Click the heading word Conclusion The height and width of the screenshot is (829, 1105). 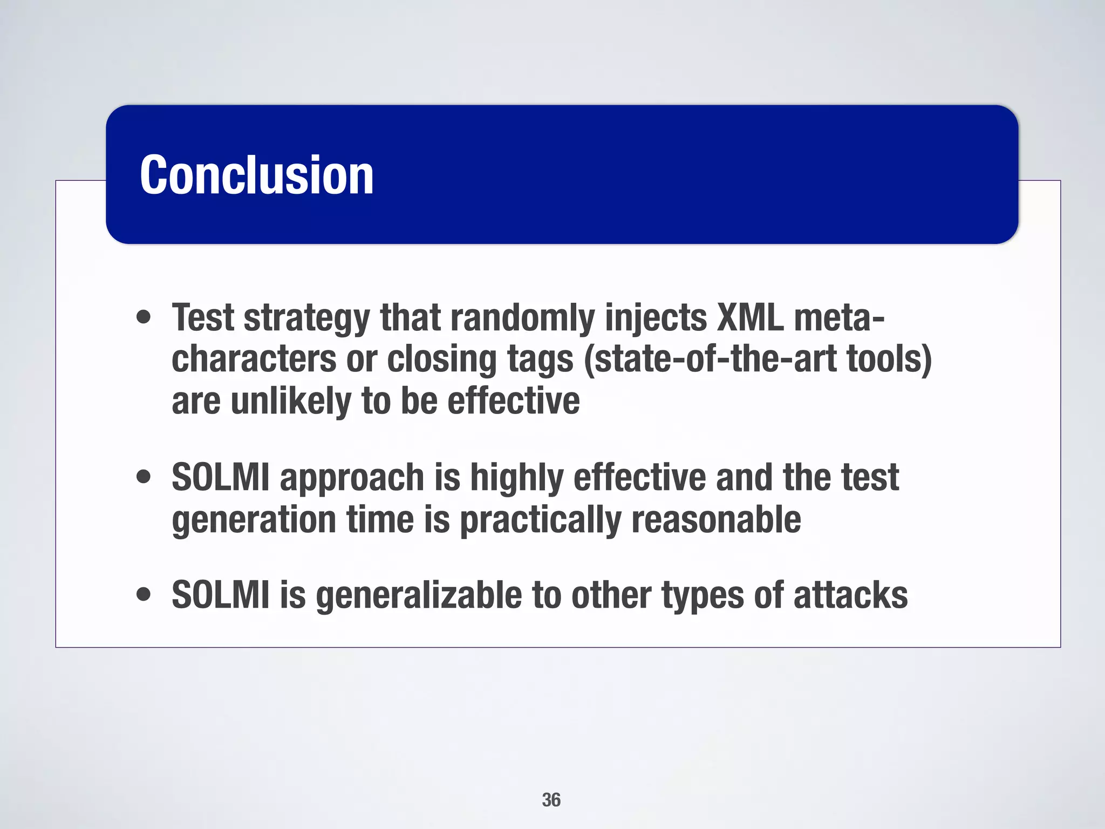pyautogui.click(x=256, y=175)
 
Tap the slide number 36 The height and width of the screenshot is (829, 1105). pyautogui.click(x=551, y=800)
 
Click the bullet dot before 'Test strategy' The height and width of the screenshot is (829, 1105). pyautogui.click(x=144, y=317)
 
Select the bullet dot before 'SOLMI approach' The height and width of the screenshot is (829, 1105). pyautogui.click(x=144, y=477)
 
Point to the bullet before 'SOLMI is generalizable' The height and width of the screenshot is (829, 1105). pyautogui.click(x=144, y=595)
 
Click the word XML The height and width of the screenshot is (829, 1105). pyautogui.click(x=749, y=317)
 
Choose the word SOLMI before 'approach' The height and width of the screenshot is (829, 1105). pyautogui.click(x=220, y=477)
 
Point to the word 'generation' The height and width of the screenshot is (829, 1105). pyautogui.click(x=254, y=519)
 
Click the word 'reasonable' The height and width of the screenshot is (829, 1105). pyautogui.click(x=716, y=519)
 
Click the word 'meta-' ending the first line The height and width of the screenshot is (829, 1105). pyautogui.click(x=838, y=317)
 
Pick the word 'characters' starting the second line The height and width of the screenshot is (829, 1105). pyautogui.click(x=254, y=359)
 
